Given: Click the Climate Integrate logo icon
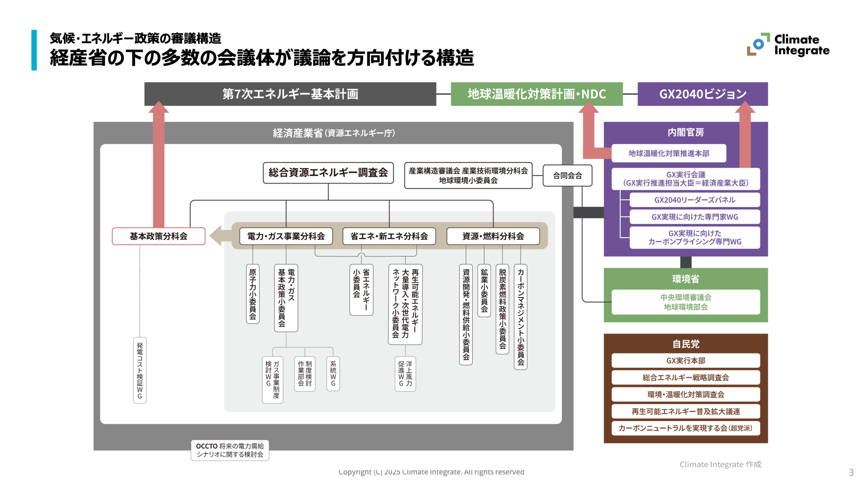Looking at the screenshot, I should [758, 44].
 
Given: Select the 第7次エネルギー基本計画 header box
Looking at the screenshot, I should [290, 94].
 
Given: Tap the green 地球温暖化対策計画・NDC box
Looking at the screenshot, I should [536, 94].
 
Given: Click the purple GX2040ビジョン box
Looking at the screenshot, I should [702, 94].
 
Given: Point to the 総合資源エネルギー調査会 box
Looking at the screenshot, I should [328, 173].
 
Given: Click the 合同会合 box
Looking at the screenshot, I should [567, 175].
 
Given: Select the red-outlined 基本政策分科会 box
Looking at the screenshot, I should [158, 236].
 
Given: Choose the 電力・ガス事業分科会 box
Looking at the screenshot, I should [286, 236].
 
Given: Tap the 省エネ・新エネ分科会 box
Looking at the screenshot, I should [389, 236].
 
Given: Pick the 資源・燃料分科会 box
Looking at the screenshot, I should [493, 236].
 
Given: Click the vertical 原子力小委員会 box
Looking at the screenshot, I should [253, 294].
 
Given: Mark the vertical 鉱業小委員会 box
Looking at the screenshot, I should [484, 290].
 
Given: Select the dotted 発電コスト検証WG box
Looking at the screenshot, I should [140, 370].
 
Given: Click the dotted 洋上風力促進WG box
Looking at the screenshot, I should [405, 374].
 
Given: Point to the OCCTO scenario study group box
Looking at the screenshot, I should [230, 450].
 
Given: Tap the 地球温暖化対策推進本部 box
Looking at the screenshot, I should [668, 153].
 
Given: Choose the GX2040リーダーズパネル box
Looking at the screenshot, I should [694, 200].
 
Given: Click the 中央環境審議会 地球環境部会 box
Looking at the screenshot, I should [686, 302].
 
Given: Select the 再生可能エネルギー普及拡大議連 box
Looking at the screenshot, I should [686, 411].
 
